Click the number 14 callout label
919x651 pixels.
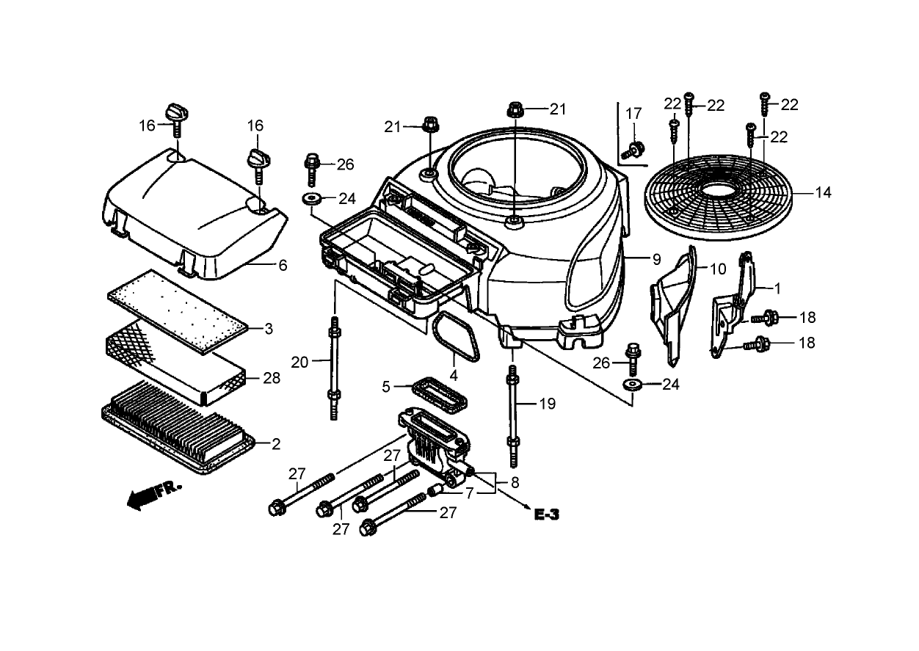click(823, 193)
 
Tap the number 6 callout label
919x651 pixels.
click(283, 265)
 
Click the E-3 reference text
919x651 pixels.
click(546, 515)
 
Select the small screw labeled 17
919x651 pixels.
click(632, 151)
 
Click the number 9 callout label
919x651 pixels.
click(656, 258)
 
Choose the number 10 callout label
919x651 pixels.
click(716, 269)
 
